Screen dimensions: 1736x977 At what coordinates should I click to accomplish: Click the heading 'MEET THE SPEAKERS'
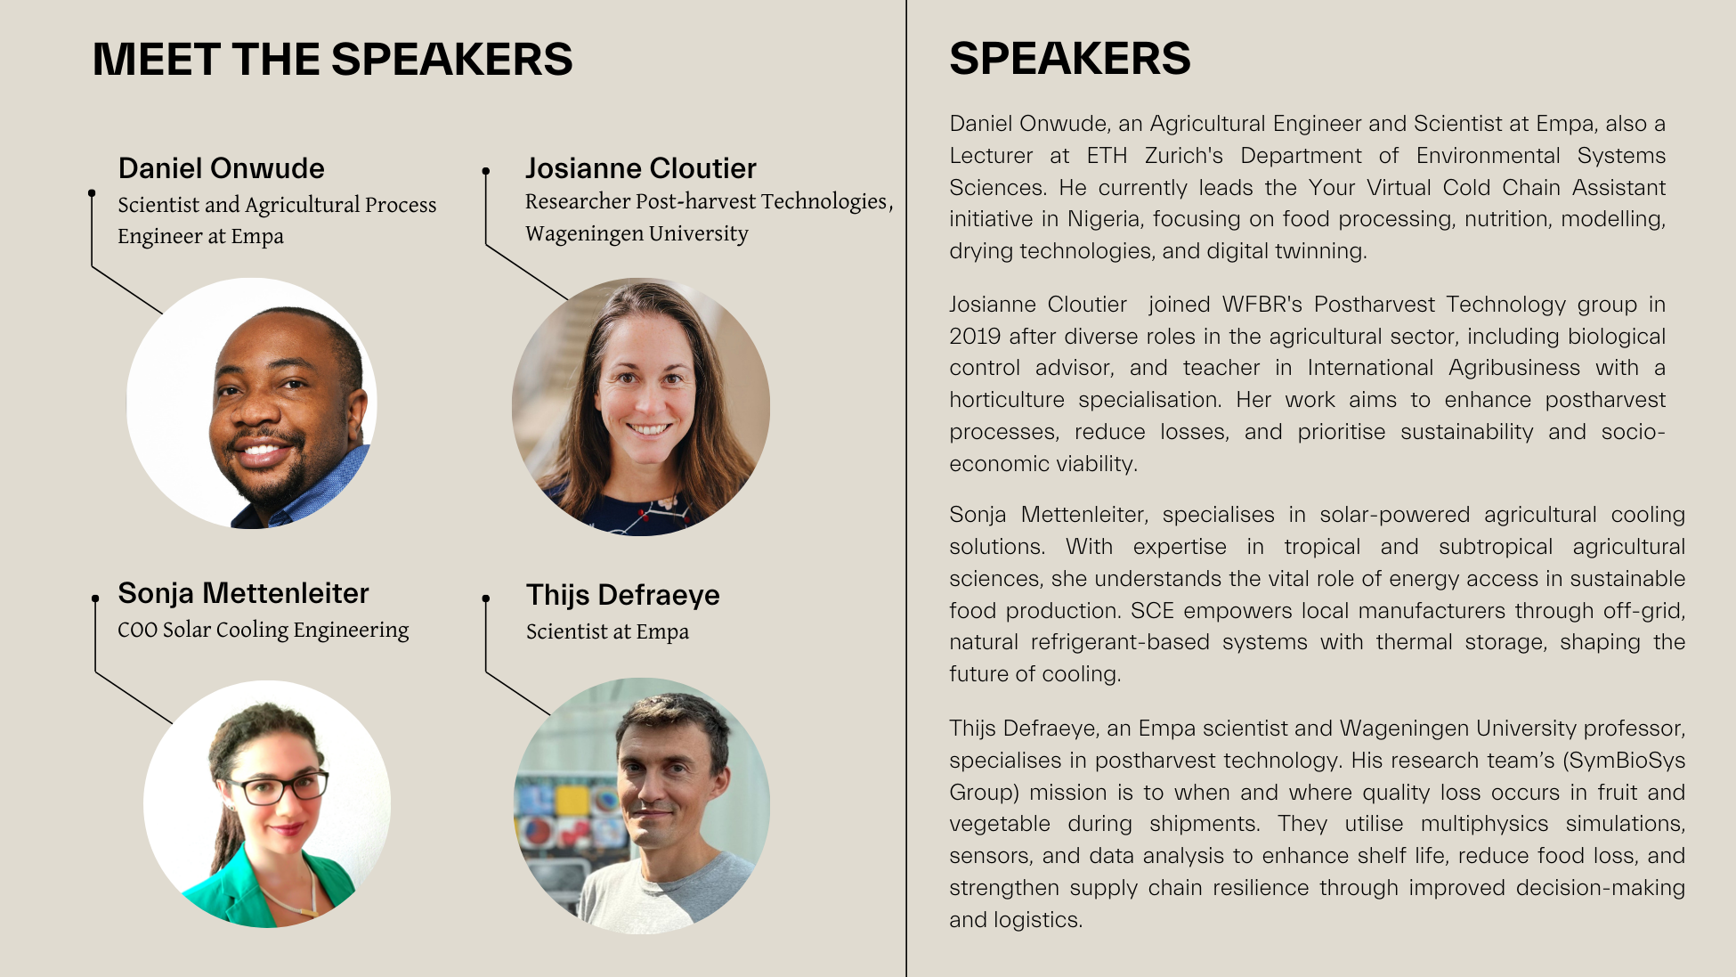point(332,60)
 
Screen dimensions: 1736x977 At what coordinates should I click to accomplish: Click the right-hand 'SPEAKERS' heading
point(1069,59)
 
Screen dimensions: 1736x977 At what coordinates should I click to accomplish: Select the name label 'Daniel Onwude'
point(221,167)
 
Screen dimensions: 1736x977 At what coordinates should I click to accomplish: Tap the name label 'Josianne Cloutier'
point(640,167)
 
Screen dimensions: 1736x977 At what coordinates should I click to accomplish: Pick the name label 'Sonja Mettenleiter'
point(243,592)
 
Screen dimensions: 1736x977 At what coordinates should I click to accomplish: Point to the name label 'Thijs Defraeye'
point(622,594)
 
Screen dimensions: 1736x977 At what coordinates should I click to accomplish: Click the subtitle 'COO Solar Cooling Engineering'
point(263,630)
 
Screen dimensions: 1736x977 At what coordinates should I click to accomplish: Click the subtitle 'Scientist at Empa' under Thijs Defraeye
point(607,631)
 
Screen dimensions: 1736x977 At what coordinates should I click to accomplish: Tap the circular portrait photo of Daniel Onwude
point(252,403)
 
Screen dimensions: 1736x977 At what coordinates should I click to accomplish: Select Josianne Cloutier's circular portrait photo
point(641,407)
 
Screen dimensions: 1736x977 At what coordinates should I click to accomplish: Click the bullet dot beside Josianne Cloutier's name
point(486,171)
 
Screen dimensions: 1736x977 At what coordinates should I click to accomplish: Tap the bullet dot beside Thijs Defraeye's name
point(486,598)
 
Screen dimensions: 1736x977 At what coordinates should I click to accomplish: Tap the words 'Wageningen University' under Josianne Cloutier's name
point(637,233)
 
